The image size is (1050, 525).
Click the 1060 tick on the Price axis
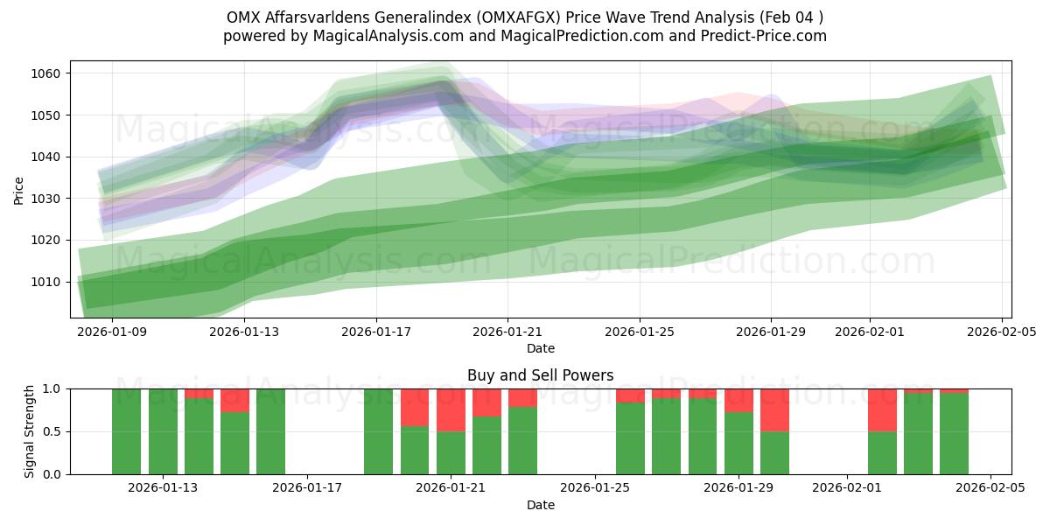49,73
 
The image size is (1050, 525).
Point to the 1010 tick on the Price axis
49,282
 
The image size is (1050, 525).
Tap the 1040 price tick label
49,157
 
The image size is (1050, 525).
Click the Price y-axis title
19,189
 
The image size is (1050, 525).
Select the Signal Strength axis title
30,430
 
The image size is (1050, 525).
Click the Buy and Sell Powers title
540,375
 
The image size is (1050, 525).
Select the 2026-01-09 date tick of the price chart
112,332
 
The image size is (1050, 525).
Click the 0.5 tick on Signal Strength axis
53,431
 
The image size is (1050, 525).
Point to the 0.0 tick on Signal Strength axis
53,474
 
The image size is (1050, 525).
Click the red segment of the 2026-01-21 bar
451,409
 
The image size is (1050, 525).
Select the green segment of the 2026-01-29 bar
739,444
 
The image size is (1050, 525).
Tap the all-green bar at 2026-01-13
163,431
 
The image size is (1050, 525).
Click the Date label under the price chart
540,348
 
